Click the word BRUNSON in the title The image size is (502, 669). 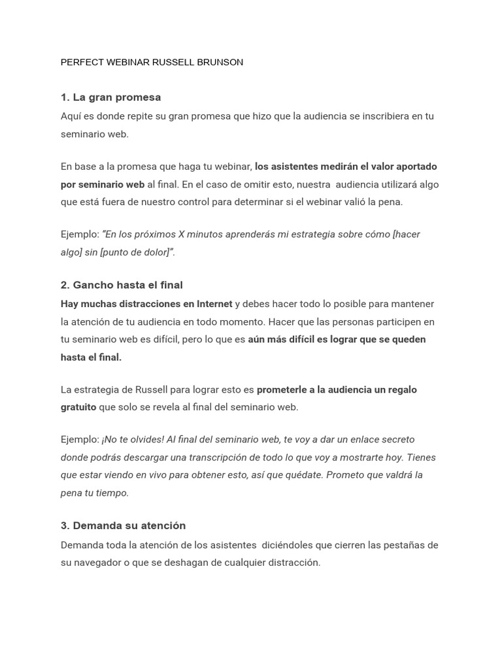coord(220,63)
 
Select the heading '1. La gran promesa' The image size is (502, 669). coord(110,97)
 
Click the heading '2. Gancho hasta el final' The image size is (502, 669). coord(122,285)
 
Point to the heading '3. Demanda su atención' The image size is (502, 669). coord(123,525)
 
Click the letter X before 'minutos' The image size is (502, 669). coord(182,234)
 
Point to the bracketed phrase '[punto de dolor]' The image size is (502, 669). coord(135,252)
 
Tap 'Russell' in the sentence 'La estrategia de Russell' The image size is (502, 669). coord(151,389)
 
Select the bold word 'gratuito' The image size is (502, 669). coord(78,407)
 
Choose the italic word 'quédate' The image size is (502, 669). coord(303,475)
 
